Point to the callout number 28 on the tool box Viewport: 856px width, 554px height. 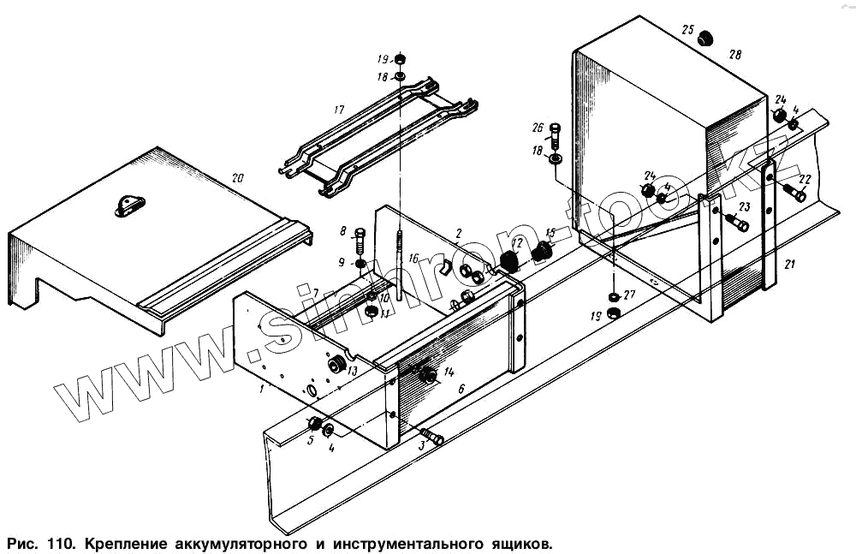(x=735, y=54)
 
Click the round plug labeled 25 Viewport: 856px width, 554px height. (x=707, y=39)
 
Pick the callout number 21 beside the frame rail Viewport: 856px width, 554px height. (x=789, y=265)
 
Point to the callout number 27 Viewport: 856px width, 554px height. (x=630, y=295)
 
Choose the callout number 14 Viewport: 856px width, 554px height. (x=449, y=371)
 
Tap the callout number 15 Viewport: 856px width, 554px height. (x=550, y=233)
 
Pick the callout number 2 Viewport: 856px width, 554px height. (x=459, y=233)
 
